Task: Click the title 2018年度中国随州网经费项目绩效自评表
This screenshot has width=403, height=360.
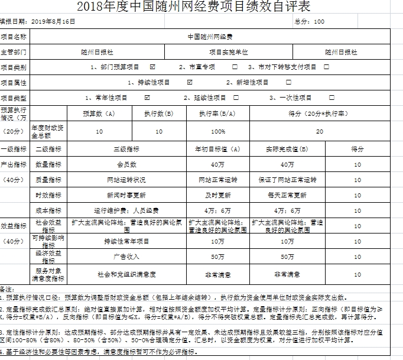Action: click(x=193, y=7)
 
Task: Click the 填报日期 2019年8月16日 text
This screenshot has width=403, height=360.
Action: click(x=38, y=21)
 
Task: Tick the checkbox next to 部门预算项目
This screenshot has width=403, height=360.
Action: click(x=153, y=67)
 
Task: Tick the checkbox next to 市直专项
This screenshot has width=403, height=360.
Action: click(x=235, y=67)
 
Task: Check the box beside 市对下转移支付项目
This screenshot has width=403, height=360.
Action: click(x=326, y=67)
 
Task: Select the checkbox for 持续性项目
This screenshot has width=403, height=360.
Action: click(x=190, y=82)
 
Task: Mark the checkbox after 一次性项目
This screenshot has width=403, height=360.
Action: click(x=331, y=98)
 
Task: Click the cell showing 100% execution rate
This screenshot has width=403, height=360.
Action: click(x=218, y=131)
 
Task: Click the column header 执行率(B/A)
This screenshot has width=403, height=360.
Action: click(x=218, y=113)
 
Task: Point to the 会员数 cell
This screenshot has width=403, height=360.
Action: click(x=126, y=164)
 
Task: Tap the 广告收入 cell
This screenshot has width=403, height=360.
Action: click(x=126, y=257)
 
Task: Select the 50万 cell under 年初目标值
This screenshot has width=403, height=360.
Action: click(x=217, y=257)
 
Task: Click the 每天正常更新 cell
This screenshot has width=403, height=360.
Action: click(x=287, y=195)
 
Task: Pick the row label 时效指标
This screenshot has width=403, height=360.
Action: click(x=48, y=195)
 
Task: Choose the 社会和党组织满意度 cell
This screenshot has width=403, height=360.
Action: click(x=126, y=274)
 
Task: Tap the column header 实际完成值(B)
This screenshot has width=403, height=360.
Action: click(x=287, y=149)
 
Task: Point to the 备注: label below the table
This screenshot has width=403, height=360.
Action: click(x=6, y=289)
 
